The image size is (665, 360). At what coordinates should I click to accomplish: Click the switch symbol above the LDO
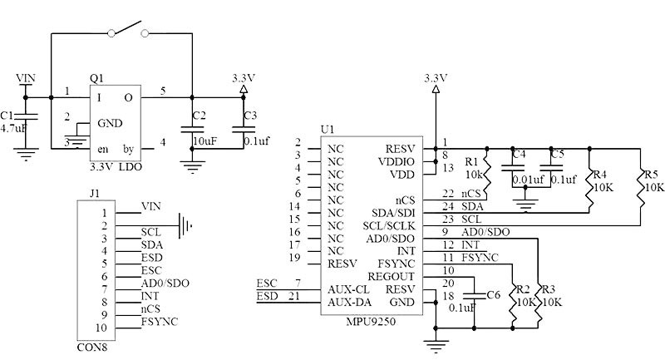click(x=128, y=30)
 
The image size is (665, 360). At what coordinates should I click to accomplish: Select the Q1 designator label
click(x=96, y=78)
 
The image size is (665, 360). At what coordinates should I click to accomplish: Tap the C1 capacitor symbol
click(x=26, y=116)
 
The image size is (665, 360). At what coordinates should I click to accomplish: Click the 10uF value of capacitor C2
click(x=204, y=141)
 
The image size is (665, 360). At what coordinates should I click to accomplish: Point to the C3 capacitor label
click(x=250, y=116)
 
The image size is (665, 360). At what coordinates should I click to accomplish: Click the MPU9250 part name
click(x=371, y=321)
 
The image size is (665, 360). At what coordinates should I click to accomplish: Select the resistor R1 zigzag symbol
click(x=487, y=173)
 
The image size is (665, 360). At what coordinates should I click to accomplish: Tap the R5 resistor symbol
click(x=640, y=185)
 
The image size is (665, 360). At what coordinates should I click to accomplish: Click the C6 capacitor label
click(x=494, y=294)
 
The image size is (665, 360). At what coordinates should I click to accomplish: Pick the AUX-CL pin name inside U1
click(x=348, y=289)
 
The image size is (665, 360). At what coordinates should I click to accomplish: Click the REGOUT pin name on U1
click(x=391, y=277)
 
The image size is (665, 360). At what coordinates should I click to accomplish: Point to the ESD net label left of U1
click(x=267, y=296)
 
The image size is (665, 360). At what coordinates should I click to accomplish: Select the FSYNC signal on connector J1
click(x=160, y=322)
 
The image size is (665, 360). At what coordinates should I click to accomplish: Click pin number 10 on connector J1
click(x=101, y=328)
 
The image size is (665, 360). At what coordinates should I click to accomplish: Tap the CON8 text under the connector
click(x=92, y=348)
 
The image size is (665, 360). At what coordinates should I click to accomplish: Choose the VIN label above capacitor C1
click(x=26, y=78)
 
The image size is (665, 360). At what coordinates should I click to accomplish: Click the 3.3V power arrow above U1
click(x=436, y=89)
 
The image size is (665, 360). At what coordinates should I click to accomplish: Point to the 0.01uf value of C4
click(x=528, y=180)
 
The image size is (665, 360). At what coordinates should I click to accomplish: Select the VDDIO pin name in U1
click(x=397, y=162)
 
